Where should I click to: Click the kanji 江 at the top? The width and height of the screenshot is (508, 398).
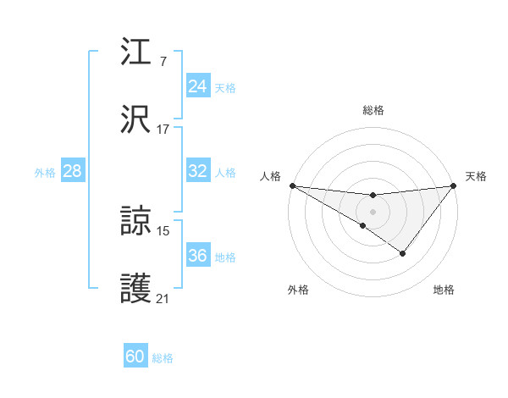pyautogui.click(x=136, y=53)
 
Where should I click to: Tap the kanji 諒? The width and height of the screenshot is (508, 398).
pyautogui.click(x=136, y=221)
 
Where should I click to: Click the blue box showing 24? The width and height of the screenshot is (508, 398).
pyautogui.click(x=198, y=86)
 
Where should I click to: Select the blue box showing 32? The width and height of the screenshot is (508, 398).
pyautogui.click(x=198, y=171)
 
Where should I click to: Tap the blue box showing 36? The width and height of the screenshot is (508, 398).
pyautogui.click(x=198, y=256)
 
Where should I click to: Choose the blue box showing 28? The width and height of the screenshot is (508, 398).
pyautogui.click(x=73, y=171)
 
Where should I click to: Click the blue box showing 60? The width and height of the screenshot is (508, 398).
pyautogui.click(x=135, y=357)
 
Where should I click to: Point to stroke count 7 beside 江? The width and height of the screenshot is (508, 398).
pyautogui.click(x=163, y=61)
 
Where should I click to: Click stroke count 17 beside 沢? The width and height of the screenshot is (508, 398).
pyautogui.click(x=163, y=130)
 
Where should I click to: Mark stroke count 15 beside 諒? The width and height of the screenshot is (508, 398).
pyautogui.click(x=163, y=230)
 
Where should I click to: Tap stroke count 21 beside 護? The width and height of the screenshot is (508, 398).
pyautogui.click(x=163, y=299)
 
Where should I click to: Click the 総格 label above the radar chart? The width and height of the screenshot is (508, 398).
pyautogui.click(x=373, y=110)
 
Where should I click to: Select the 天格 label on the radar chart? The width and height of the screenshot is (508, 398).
pyautogui.click(x=477, y=176)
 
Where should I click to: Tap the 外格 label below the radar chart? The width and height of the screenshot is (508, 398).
pyautogui.click(x=298, y=290)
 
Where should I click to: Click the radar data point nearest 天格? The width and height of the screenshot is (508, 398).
pyautogui.click(x=455, y=185)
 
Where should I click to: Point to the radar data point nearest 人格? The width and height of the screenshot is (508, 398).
pyautogui.click(x=292, y=185)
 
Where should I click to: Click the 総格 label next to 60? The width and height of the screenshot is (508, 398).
pyautogui.click(x=163, y=358)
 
